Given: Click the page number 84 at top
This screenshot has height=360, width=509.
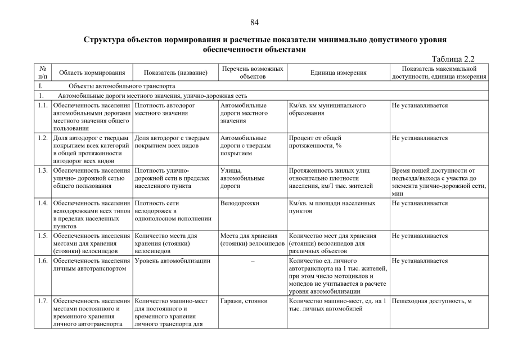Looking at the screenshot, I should pyautogui.click(x=254, y=22).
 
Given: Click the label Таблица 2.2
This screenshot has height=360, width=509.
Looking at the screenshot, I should pyautogui.click(x=454, y=58).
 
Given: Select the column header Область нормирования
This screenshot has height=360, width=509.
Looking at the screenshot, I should pyautogui.click(x=92, y=73).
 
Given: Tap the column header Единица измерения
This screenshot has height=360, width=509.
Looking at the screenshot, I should pyautogui.click(x=339, y=73).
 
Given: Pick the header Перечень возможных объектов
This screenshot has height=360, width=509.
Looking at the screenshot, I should pyautogui.click(x=253, y=73).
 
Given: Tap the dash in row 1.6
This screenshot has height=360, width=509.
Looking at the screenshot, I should pyautogui.click(x=253, y=261).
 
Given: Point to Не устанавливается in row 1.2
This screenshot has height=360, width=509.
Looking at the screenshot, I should pyautogui.click(x=420, y=138).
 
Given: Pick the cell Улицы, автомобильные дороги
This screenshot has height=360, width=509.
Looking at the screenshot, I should pyautogui.click(x=242, y=178).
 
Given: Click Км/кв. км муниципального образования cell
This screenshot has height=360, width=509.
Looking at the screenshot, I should pyautogui.click(x=327, y=109).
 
